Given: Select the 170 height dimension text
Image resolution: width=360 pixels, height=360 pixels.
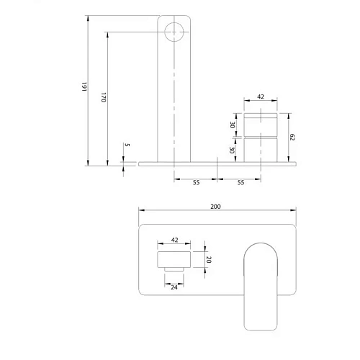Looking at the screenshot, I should (x=102, y=96).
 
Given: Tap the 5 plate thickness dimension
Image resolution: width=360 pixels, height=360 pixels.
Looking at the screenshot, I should (x=127, y=145).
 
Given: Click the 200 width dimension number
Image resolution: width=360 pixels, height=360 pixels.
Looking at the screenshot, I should (x=215, y=206).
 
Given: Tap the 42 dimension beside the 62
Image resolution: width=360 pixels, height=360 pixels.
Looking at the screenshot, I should (x=260, y=96).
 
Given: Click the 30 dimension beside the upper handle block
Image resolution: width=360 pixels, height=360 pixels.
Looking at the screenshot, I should (x=233, y=124).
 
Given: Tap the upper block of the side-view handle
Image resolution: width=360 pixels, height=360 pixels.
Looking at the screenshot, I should (x=260, y=124).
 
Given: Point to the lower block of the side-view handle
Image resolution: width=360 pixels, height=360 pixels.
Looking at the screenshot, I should (x=260, y=149).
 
